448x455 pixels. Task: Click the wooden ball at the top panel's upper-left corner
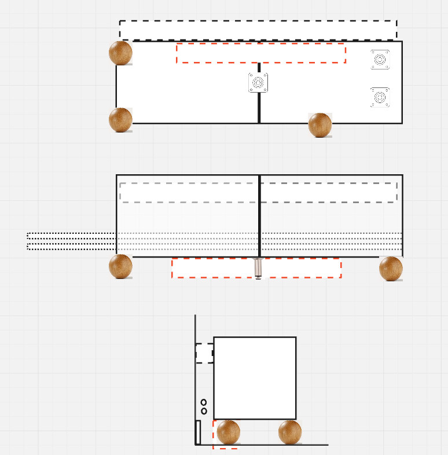[x=120, y=53]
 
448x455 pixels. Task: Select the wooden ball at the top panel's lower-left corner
[x=120, y=120]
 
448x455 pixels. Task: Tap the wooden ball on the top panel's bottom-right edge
[x=320, y=125]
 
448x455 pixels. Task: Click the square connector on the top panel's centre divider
[x=259, y=83]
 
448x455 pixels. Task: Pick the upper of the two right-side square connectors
[x=380, y=60]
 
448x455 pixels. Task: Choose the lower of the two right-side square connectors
[x=380, y=97]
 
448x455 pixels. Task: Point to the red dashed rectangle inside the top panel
[x=261, y=53]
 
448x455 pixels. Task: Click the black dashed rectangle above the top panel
[x=258, y=30]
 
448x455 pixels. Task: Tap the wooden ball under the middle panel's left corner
[x=120, y=266]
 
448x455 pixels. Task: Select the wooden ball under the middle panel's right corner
[x=391, y=269]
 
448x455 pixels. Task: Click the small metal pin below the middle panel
[x=258, y=269]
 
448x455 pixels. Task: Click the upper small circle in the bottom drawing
[x=204, y=402]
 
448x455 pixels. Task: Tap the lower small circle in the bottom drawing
[x=204, y=411]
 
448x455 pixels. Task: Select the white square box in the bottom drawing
[x=255, y=378]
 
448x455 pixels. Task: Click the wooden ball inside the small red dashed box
[x=228, y=432]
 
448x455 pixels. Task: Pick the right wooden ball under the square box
[x=290, y=432]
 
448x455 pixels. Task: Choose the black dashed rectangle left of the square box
[x=204, y=353]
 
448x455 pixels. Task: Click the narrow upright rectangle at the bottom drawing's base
[x=198, y=432]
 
